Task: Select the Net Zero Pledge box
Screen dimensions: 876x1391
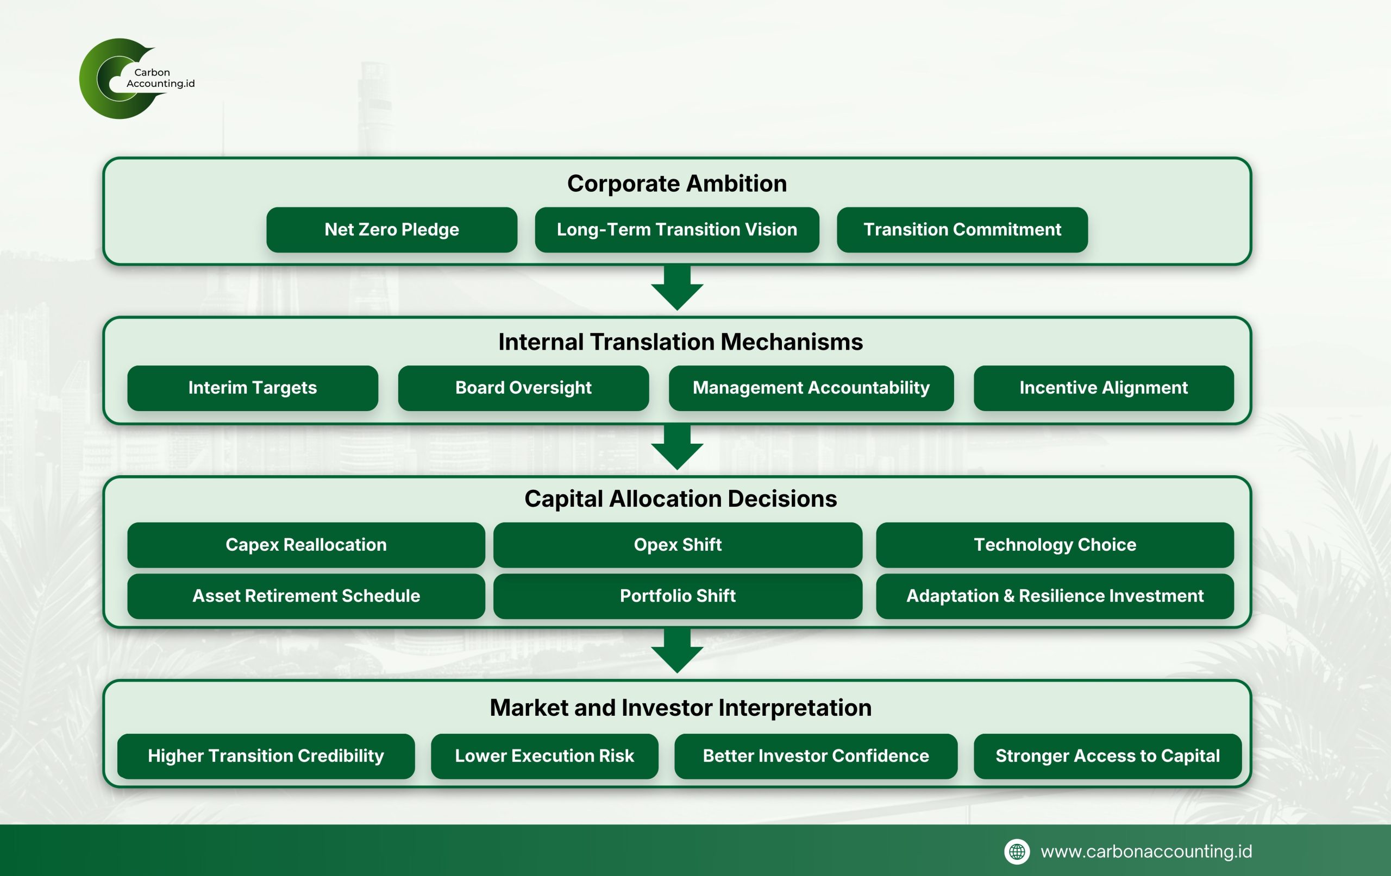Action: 392,230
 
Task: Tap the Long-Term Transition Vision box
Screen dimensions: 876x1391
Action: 676,230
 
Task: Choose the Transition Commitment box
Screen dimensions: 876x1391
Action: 962,230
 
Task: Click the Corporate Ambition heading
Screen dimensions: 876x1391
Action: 676,184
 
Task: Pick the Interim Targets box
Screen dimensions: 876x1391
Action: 253,388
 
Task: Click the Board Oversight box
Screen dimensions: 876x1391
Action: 523,388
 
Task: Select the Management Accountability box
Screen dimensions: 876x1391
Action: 811,388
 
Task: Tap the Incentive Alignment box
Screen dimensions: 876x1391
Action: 1104,388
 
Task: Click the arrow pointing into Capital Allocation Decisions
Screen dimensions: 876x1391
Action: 677,447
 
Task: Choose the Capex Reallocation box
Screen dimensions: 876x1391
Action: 305,545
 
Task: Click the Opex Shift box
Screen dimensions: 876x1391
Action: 678,545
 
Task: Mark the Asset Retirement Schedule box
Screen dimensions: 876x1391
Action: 305,596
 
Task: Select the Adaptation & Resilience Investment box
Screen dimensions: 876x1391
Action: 1055,596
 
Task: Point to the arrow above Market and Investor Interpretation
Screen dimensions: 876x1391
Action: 677,650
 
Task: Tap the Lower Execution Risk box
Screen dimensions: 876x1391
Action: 544,756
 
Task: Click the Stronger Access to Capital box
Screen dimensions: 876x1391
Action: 1107,756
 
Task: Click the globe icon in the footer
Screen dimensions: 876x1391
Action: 1017,852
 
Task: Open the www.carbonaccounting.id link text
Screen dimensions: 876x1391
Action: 1146,852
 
